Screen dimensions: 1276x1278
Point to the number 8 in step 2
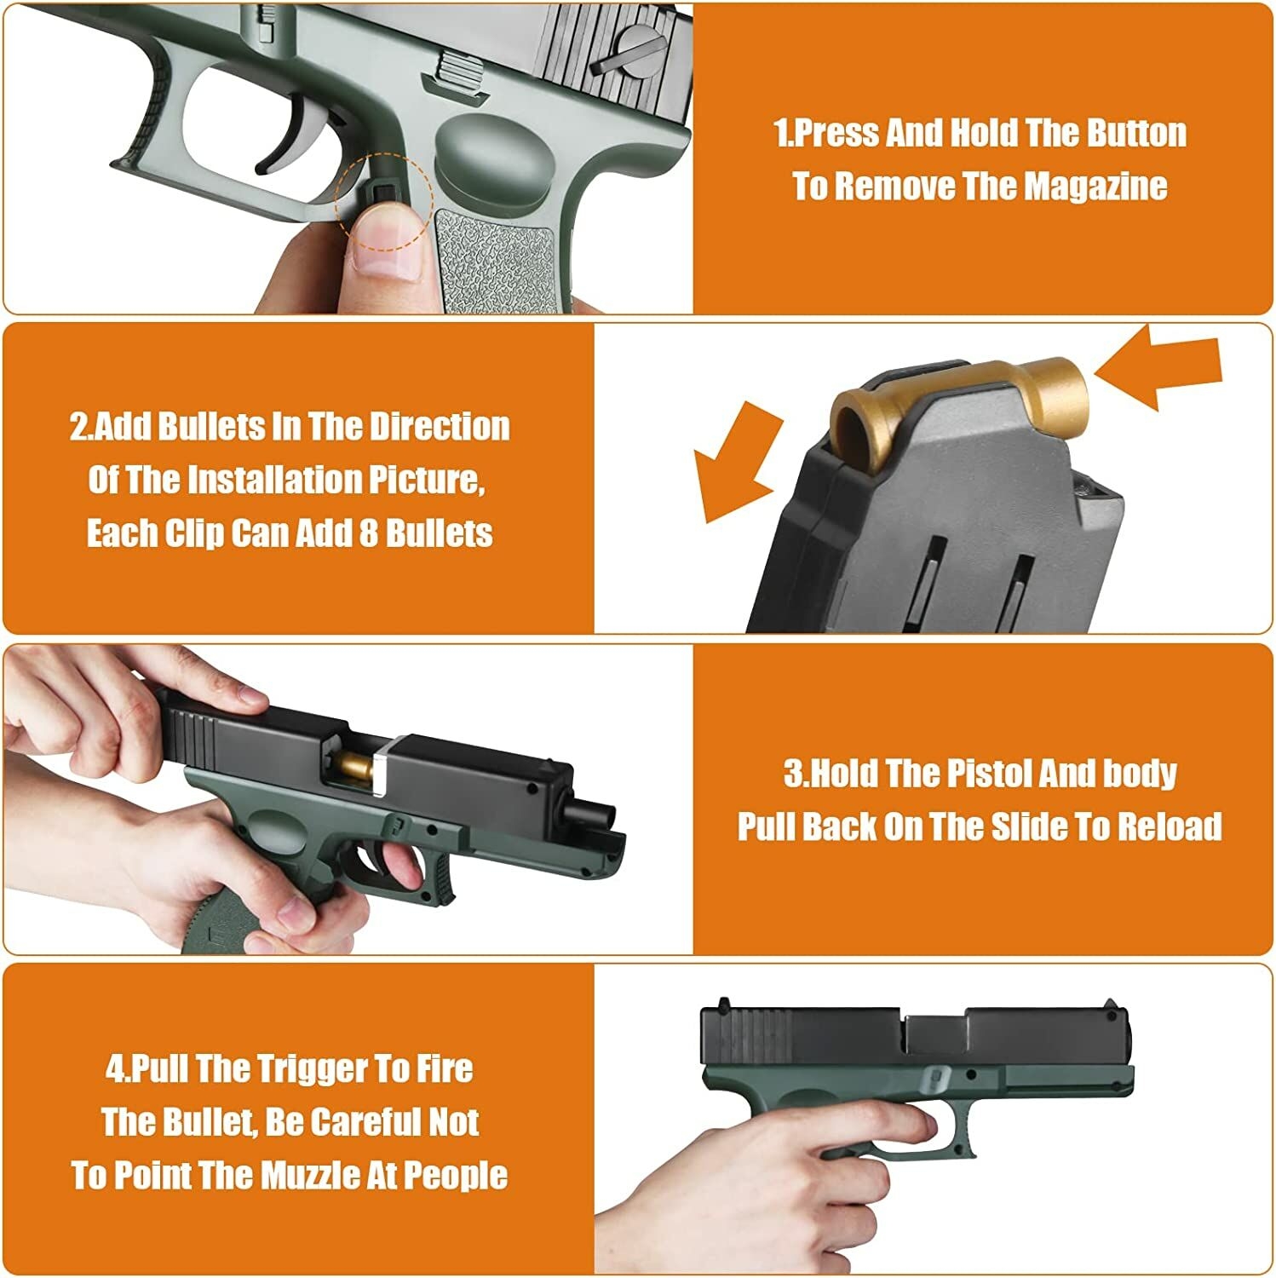(x=368, y=534)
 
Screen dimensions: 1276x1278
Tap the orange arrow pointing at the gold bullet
(x=1158, y=369)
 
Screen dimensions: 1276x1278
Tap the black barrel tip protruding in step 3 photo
(x=600, y=813)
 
